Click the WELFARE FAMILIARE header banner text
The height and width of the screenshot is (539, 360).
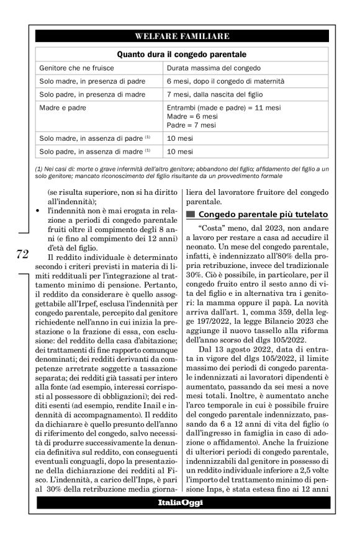182,37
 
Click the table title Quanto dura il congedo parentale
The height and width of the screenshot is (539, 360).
182,54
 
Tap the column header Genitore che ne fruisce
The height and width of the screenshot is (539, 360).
78,68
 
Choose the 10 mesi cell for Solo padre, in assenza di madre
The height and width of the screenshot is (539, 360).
180,151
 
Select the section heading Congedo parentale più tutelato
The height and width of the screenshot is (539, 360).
263,215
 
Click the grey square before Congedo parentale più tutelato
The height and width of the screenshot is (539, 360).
191,215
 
